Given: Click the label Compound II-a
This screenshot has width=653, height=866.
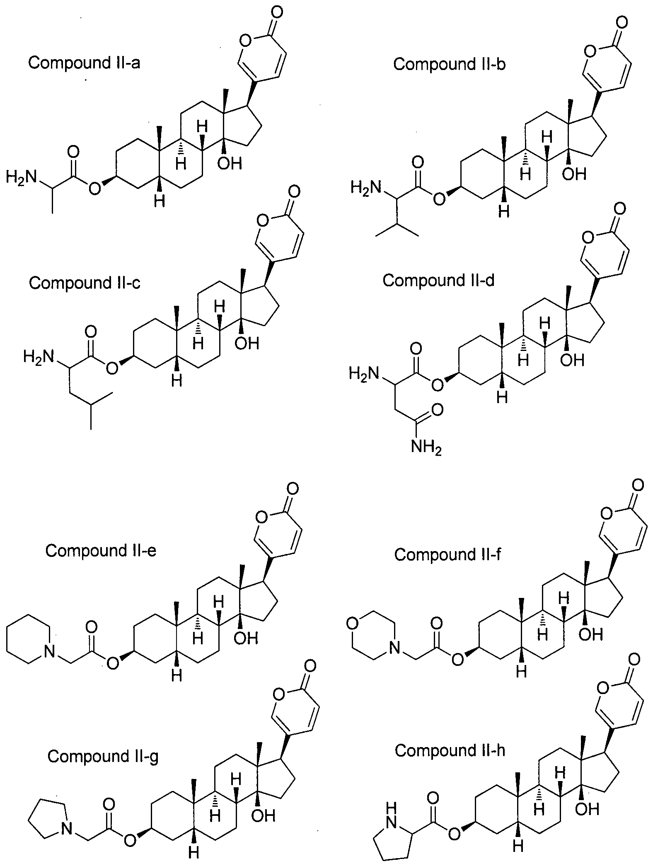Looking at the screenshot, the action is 84,63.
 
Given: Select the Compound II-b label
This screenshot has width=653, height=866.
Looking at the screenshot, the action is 450,64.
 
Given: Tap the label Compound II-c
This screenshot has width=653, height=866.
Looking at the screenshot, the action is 85,283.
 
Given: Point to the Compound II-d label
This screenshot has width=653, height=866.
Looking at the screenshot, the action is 438,281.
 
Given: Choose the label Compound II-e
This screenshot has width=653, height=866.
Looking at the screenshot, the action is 101,551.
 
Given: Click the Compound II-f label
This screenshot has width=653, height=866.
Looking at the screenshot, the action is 448,554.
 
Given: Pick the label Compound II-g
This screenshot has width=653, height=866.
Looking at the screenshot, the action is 103,756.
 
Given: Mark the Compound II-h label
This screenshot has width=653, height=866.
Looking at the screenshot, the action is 450,750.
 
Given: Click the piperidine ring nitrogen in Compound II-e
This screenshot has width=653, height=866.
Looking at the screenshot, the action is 49,652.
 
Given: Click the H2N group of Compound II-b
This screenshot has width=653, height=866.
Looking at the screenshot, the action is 365,188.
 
